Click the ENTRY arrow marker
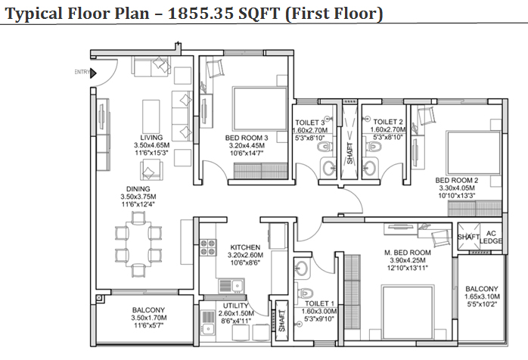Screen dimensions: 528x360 click(93, 73)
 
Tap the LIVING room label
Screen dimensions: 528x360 click(151, 138)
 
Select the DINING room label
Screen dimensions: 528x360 click(138, 189)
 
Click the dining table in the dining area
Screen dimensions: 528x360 click(138, 244)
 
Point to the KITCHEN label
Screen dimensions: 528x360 click(245, 247)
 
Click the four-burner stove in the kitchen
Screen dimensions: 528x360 click(208, 247)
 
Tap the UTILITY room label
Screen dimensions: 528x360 click(236, 306)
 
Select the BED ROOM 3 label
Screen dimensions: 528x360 click(247, 138)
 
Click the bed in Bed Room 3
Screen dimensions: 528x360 click(259, 108)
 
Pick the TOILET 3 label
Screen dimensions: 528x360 click(310, 123)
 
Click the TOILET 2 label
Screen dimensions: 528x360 click(388, 122)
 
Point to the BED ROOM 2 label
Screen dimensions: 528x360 click(457, 180)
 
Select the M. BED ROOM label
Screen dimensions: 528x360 click(408, 253)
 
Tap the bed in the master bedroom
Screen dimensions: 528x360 click(407, 312)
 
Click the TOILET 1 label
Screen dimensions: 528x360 click(319, 303)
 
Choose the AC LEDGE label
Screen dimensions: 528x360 click(491, 237)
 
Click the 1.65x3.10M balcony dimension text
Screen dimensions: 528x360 click(482, 296)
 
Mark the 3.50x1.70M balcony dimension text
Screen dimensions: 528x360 click(149, 318)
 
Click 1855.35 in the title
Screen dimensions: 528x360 click(200, 14)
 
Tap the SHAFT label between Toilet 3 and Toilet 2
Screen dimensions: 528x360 click(349, 154)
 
